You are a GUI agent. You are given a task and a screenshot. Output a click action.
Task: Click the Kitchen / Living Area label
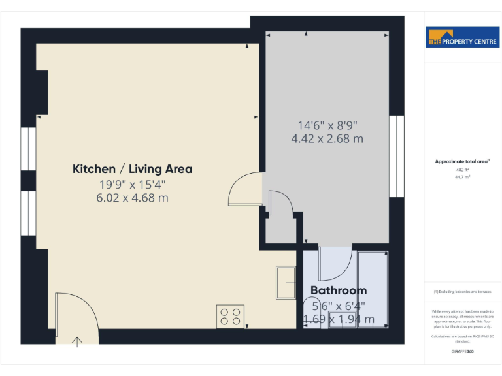click(132, 169)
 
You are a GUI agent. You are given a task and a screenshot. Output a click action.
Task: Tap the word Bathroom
click(338, 290)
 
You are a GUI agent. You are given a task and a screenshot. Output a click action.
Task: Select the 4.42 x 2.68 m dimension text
click(327, 138)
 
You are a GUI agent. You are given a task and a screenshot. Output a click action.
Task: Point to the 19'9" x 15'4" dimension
click(132, 184)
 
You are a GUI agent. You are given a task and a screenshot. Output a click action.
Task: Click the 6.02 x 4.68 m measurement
click(132, 197)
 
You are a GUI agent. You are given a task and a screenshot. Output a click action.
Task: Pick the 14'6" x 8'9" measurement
click(327, 125)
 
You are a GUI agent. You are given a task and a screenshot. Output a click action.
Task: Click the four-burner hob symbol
click(230, 317)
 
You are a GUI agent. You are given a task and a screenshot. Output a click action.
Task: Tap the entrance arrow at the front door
click(78, 341)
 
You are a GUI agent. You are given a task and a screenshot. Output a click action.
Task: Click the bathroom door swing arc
click(335, 264)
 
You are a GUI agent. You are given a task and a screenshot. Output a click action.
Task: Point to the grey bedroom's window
click(395, 157)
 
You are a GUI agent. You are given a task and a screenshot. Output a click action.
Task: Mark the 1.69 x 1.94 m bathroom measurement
click(339, 319)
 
